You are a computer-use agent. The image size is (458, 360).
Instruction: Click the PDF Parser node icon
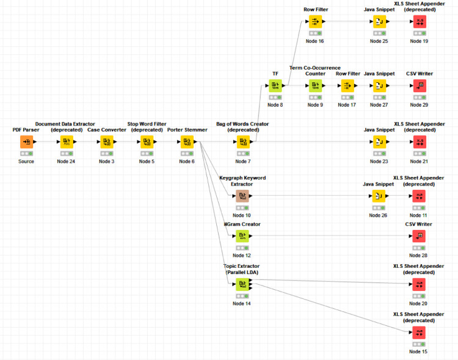point(26,142)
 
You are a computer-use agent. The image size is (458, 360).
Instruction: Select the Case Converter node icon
point(106,142)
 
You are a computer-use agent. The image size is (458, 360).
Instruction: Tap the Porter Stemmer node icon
point(187,142)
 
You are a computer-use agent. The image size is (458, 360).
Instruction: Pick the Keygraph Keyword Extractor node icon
point(242,196)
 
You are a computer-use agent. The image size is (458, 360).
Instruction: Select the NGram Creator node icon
point(242,236)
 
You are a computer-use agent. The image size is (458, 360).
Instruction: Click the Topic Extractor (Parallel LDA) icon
point(242,284)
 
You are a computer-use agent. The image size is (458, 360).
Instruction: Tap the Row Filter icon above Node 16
point(315,22)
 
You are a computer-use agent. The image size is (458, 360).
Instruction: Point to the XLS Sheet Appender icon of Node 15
point(419,333)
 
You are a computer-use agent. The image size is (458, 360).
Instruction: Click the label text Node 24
point(66,161)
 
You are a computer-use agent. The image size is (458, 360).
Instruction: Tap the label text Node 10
point(242,215)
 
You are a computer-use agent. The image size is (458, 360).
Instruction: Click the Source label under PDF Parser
point(26,161)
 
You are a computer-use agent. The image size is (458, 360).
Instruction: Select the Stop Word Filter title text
point(147,124)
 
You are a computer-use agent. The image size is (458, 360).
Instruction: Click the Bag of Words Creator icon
point(242,142)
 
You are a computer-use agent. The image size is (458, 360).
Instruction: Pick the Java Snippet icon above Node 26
point(379,196)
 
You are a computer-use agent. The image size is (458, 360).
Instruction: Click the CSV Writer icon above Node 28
point(419,236)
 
